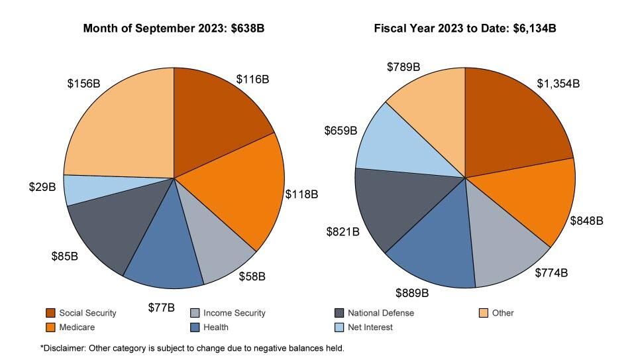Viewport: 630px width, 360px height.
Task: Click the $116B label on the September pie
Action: tap(252, 79)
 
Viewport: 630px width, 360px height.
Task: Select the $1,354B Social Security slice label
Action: tap(558, 84)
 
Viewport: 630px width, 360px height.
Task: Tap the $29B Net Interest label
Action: tap(42, 188)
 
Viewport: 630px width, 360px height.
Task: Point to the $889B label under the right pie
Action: tap(413, 292)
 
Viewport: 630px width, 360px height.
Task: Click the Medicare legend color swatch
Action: tap(50, 327)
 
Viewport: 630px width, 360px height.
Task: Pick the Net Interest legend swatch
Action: tap(339, 327)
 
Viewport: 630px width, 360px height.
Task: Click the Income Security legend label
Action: tap(234, 313)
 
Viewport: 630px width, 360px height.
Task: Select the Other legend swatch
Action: tap(484, 313)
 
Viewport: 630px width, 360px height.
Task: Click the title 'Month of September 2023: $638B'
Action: tap(173, 29)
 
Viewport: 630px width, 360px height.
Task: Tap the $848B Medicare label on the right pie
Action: tap(586, 221)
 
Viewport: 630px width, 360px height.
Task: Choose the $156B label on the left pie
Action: tap(83, 84)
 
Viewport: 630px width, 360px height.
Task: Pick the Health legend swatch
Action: tap(195, 327)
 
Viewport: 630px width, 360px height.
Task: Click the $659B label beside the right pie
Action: tap(341, 131)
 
